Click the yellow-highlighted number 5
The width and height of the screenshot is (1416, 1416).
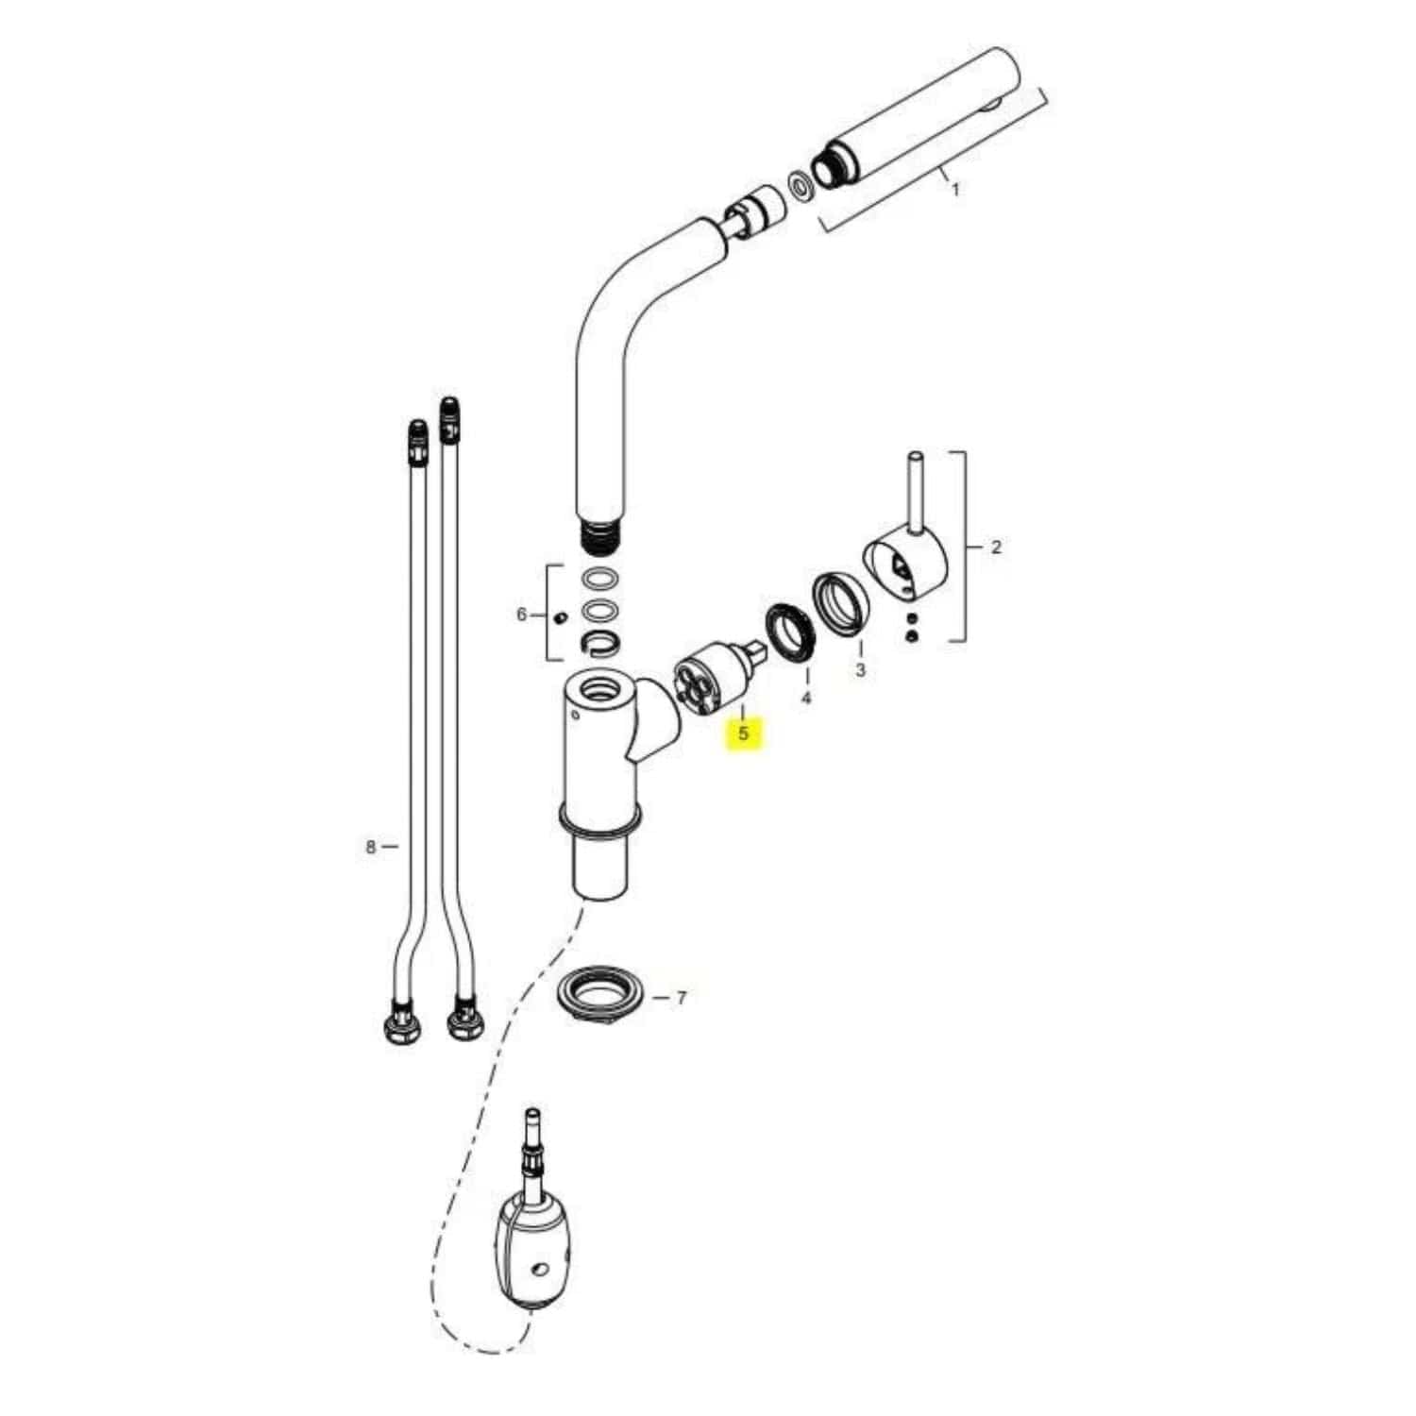tap(744, 733)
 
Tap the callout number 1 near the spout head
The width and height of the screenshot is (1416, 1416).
tap(954, 190)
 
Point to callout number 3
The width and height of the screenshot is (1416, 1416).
tap(860, 670)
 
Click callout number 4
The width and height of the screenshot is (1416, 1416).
tap(805, 699)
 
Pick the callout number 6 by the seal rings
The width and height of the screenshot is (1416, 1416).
tap(521, 615)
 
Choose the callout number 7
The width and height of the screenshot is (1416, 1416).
tap(682, 997)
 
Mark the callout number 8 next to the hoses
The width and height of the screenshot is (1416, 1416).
tap(371, 847)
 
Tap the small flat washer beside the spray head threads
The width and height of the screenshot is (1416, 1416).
tap(800, 184)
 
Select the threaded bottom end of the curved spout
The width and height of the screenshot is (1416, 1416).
tap(598, 535)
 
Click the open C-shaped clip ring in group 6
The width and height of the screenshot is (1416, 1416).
tap(599, 644)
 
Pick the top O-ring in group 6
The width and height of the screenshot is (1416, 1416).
tap(598, 580)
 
